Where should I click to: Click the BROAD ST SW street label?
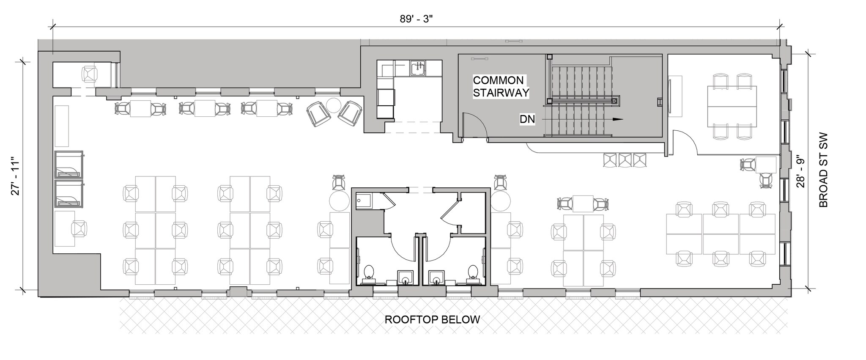pyautogui.click(x=823, y=171)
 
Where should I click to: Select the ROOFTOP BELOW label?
pyautogui.click(x=432, y=319)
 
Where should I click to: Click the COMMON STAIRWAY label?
pyautogui.click(x=501, y=86)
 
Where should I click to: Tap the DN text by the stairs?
pyautogui.click(x=527, y=120)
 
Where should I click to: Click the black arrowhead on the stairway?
pyautogui.click(x=618, y=119)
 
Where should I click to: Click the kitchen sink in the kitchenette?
pyautogui.click(x=418, y=68)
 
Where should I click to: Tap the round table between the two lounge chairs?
pyautogui.click(x=334, y=105)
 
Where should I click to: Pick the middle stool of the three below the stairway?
pyautogui.click(x=625, y=160)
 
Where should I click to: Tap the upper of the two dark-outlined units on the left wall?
pyautogui.click(x=69, y=164)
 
